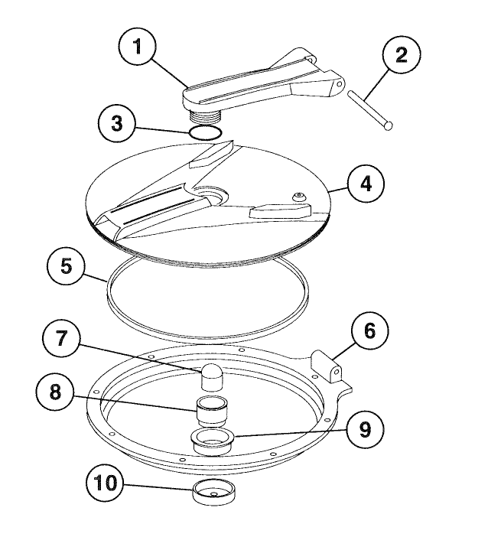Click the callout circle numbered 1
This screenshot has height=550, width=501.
pos(138,47)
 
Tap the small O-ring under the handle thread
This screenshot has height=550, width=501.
pos(206,133)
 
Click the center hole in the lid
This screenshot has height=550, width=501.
pos(211,196)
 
